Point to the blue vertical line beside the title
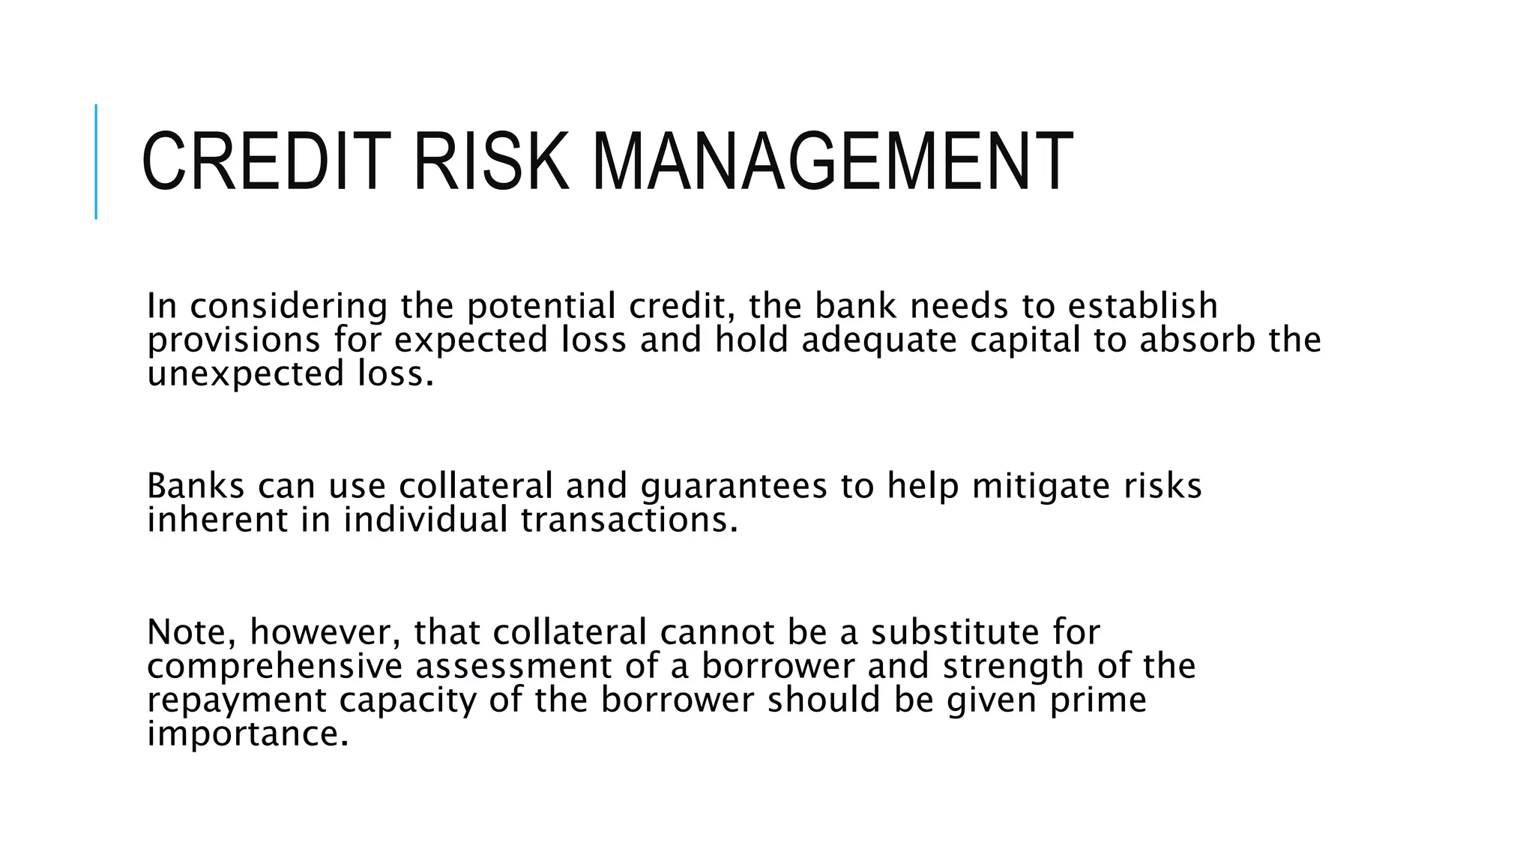coord(96,162)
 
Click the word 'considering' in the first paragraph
coord(289,306)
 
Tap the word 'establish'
coord(1142,306)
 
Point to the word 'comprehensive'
coord(274,667)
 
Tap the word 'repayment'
coord(237,700)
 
